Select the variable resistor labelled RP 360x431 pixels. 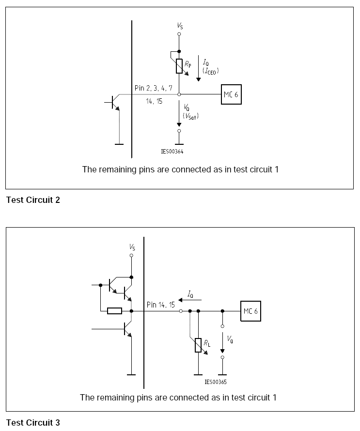click(x=179, y=66)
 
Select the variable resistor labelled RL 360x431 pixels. click(x=198, y=345)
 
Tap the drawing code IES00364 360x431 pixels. click(x=172, y=151)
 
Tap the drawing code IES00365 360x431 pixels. click(x=216, y=382)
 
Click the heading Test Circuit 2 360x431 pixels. click(x=33, y=200)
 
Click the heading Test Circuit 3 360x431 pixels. click(x=33, y=423)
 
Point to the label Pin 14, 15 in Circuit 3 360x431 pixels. click(x=161, y=305)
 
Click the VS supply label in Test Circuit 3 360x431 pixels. click(x=132, y=247)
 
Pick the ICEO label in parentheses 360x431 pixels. click(x=211, y=71)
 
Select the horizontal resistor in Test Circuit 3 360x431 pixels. click(x=114, y=311)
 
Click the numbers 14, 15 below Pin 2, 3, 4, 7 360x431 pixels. click(x=155, y=101)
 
